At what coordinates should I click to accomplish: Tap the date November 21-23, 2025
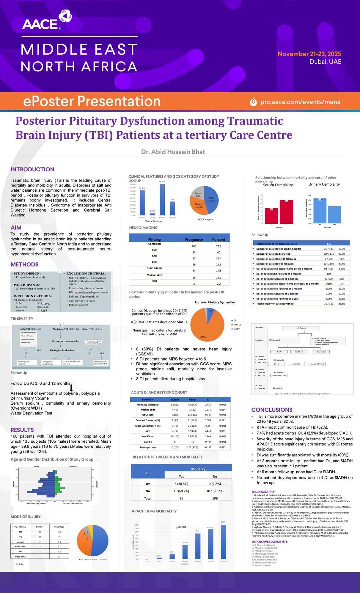(309, 54)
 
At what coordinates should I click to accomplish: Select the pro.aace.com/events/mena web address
(300, 102)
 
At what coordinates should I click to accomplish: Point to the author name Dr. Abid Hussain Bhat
(173, 152)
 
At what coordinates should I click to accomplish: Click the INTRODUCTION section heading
(32, 169)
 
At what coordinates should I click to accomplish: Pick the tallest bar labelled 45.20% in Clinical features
(162, 199)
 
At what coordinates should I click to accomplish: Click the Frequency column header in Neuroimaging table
(194, 239)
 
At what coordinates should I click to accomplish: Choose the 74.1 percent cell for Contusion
(218, 246)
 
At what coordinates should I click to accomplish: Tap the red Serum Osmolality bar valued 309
(286, 212)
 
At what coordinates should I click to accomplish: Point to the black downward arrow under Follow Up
(71, 388)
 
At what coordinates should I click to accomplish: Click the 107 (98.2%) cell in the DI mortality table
(215, 491)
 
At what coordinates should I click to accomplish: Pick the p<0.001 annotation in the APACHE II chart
(181, 527)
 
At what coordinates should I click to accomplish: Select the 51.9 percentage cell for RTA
(59, 532)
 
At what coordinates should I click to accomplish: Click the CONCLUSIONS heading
(272, 410)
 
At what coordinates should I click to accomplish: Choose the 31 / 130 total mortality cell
(328, 304)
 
